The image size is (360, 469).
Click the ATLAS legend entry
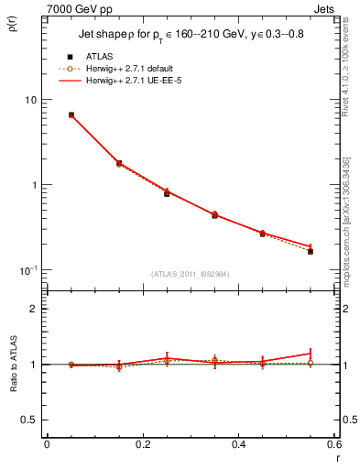[99, 56]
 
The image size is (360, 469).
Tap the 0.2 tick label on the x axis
[143, 445]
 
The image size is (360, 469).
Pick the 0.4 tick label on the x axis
[238, 445]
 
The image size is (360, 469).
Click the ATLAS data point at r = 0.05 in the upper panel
[71, 115]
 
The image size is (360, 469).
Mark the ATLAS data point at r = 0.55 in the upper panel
[311, 251]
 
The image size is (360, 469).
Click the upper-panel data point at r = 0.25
[167, 193]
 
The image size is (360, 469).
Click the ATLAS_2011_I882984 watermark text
[191, 274]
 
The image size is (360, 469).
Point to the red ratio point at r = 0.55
[311, 354]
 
